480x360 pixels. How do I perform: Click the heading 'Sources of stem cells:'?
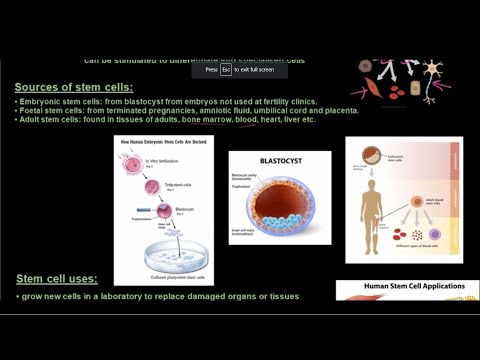click(x=74, y=87)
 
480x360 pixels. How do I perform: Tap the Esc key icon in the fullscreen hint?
click(x=226, y=70)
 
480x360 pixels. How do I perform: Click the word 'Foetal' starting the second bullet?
click(x=35, y=110)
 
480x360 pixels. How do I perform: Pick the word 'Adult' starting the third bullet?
click(x=32, y=120)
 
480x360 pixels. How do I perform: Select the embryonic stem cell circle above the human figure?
click(x=373, y=155)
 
